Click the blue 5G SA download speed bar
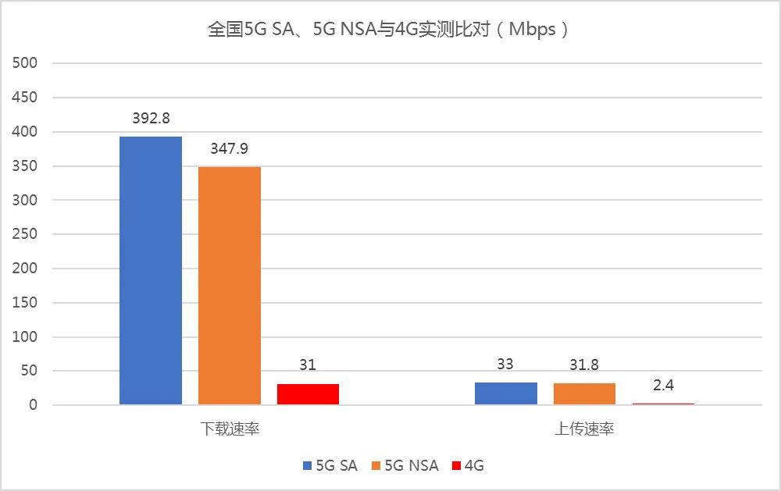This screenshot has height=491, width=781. (x=151, y=270)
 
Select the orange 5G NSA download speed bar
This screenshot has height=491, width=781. (x=230, y=286)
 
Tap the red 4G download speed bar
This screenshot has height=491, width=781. (x=308, y=394)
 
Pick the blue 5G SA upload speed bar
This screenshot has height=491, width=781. (x=506, y=393)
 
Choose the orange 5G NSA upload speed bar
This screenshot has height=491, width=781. (x=584, y=394)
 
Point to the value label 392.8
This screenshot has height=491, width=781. (x=151, y=119)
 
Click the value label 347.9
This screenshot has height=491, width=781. (x=230, y=149)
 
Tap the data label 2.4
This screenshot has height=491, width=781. (x=663, y=386)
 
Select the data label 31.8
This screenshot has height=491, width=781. (x=584, y=365)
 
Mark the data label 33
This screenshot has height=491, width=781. (x=506, y=365)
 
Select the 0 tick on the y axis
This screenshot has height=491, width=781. (x=34, y=405)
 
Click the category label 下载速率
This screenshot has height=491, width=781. (x=229, y=429)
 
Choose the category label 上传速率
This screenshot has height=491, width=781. (x=584, y=429)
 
